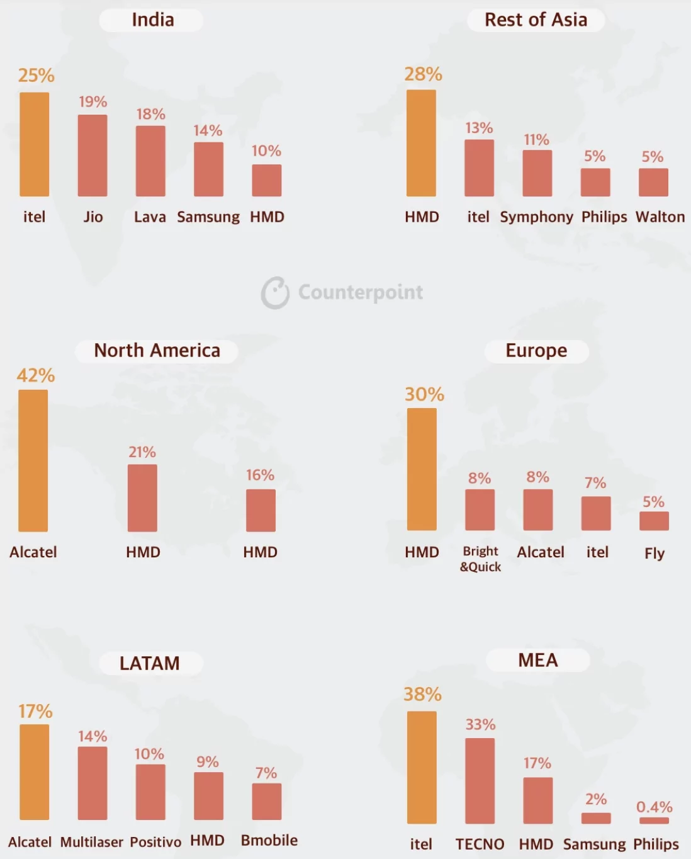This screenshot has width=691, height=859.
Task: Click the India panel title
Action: click(152, 20)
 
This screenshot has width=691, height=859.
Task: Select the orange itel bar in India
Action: click(35, 144)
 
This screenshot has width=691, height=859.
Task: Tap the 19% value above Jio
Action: click(93, 102)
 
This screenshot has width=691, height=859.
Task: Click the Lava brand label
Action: click(150, 217)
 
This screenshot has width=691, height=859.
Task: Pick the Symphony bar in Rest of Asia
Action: click(537, 173)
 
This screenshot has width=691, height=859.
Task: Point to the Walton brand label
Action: click(660, 217)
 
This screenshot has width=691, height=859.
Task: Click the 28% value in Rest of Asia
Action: click(423, 74)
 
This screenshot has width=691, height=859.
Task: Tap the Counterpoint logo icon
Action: click(275, 293)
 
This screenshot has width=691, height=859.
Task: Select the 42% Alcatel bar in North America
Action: click(33, 460)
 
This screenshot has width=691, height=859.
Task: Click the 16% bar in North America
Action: click(261, 510)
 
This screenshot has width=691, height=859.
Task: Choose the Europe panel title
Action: click(536, 351)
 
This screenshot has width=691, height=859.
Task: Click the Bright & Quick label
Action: click(480, 559)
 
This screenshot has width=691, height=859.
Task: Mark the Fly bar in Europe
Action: click(654, 521)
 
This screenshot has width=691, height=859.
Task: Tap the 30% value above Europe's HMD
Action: click(424, 395)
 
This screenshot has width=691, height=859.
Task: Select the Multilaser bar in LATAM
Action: click(93, 783)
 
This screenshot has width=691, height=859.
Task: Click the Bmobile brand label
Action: click(269, 841)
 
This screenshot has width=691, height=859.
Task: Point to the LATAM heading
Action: click(150, 663)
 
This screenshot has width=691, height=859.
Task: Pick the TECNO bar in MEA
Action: click(480, 781)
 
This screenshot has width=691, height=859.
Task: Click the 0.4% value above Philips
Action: click(654, 807)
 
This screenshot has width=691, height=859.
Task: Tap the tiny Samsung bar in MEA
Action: click(596, 818)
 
